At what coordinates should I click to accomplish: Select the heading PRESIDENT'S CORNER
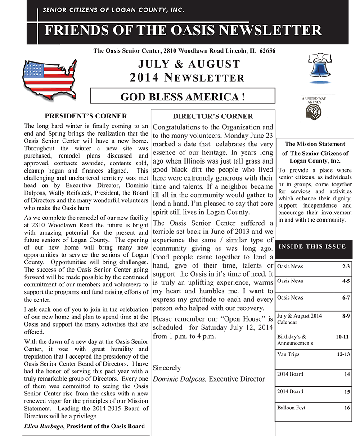pos(86,116)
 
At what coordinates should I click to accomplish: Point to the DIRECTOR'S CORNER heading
pos(213,116)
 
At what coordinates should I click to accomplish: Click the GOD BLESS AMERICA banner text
pos(183,96)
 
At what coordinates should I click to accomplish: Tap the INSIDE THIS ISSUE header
pos(312,246)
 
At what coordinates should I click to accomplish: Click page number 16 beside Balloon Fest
pos(347,408)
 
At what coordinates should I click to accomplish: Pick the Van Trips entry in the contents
pos(288,354)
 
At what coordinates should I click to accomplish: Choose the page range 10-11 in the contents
pos(342,336)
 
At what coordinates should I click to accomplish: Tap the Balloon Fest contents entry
pos(291,408)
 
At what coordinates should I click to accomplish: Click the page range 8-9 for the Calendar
pos(346,316)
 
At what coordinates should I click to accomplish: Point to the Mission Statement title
pos(315,144)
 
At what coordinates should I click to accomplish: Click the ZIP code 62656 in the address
pos(266,51)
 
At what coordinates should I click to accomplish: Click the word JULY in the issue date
pos(153,64)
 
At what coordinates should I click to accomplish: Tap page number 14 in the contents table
pos(347,374)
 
